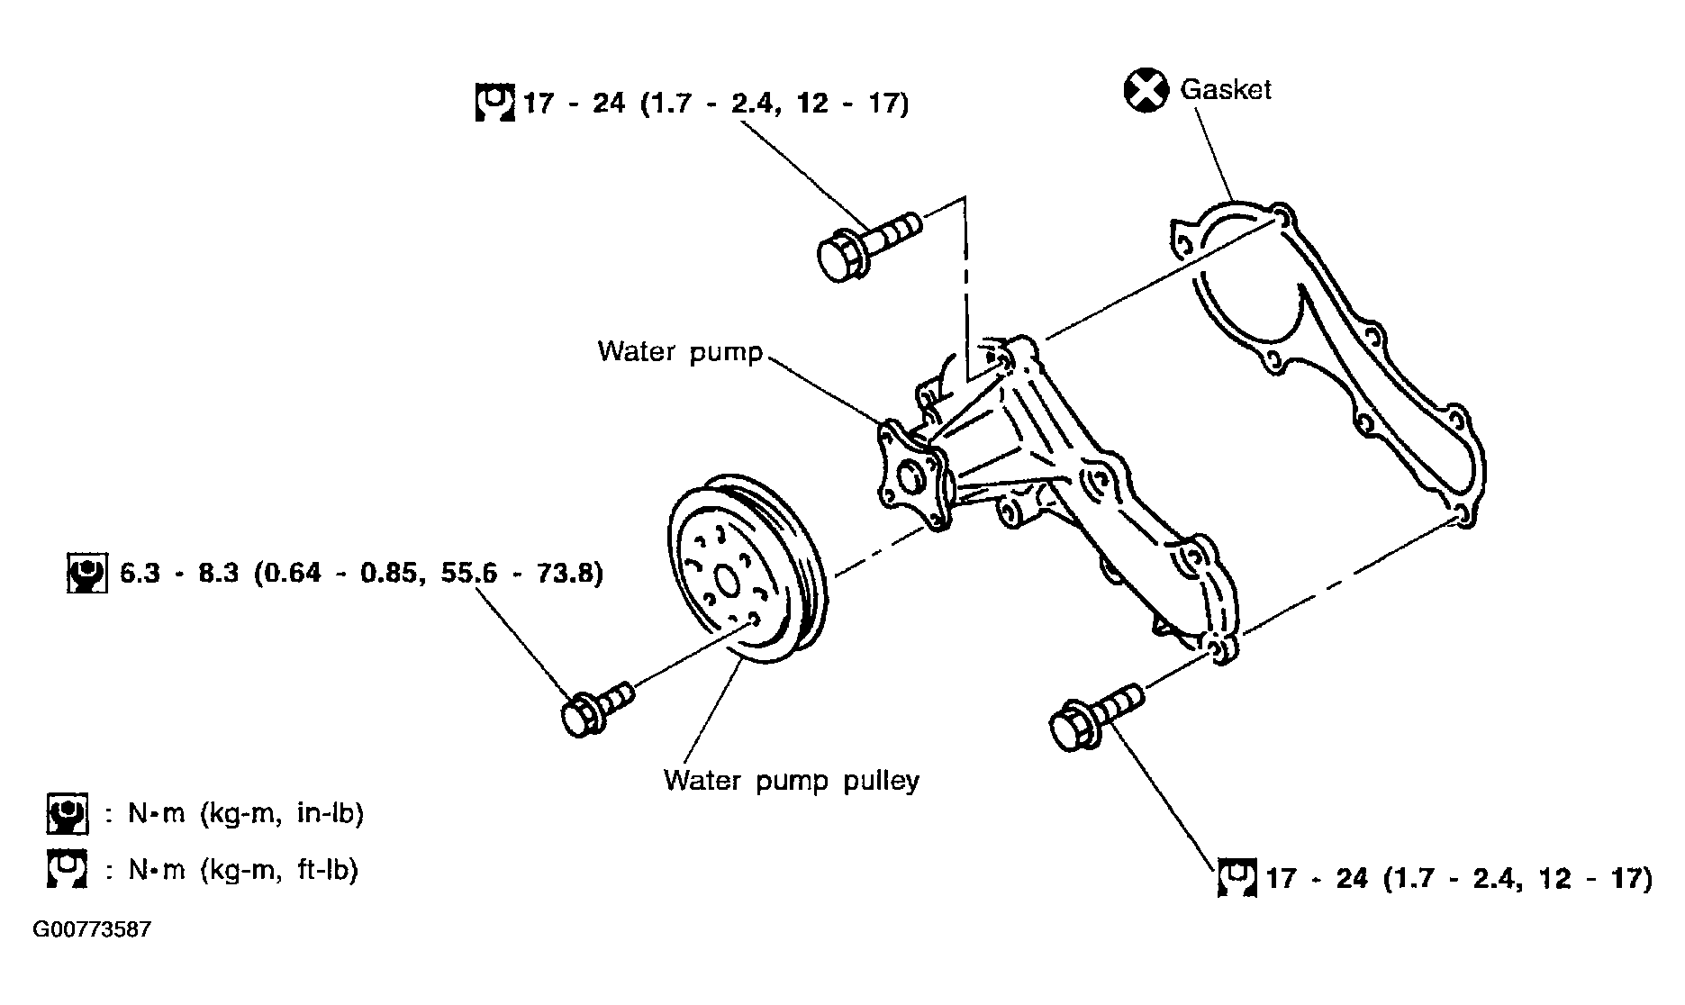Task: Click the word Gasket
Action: coord(1225,89)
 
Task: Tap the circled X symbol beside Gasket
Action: coord(1146,91)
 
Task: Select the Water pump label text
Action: coord(680,350)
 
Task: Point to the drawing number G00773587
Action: coord(92,928)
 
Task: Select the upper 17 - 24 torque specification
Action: coord(716,103)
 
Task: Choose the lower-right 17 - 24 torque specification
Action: coord(1459,877)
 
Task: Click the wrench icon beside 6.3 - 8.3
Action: coord(87,573)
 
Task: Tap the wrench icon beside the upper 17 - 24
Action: coord(494,103)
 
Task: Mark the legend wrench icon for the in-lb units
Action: coord(68,813)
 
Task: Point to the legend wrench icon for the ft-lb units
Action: coord(68,869)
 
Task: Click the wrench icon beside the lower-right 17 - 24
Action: coord(1237,878)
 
